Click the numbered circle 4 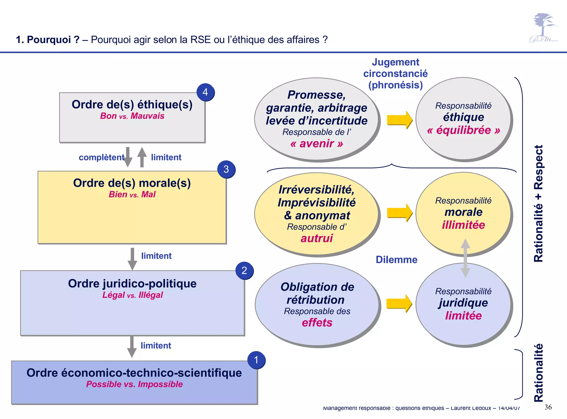[205, 92]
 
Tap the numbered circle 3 [226, 169]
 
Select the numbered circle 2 [244, 270]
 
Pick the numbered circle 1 [256, 360]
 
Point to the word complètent [101, 157]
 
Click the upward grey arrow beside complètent [142, 157]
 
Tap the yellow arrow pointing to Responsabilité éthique [400, 120]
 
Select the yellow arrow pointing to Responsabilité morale [400, 213]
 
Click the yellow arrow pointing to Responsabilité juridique [399, 303]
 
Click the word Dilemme [396, 260]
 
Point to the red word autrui [317, 238]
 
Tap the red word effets [317, 323]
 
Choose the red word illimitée [463, 225]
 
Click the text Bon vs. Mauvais [132, 116]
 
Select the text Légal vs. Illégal [132, 295]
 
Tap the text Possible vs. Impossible [134, 384]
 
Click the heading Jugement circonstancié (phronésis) [395, 73]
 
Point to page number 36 [548, 407]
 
